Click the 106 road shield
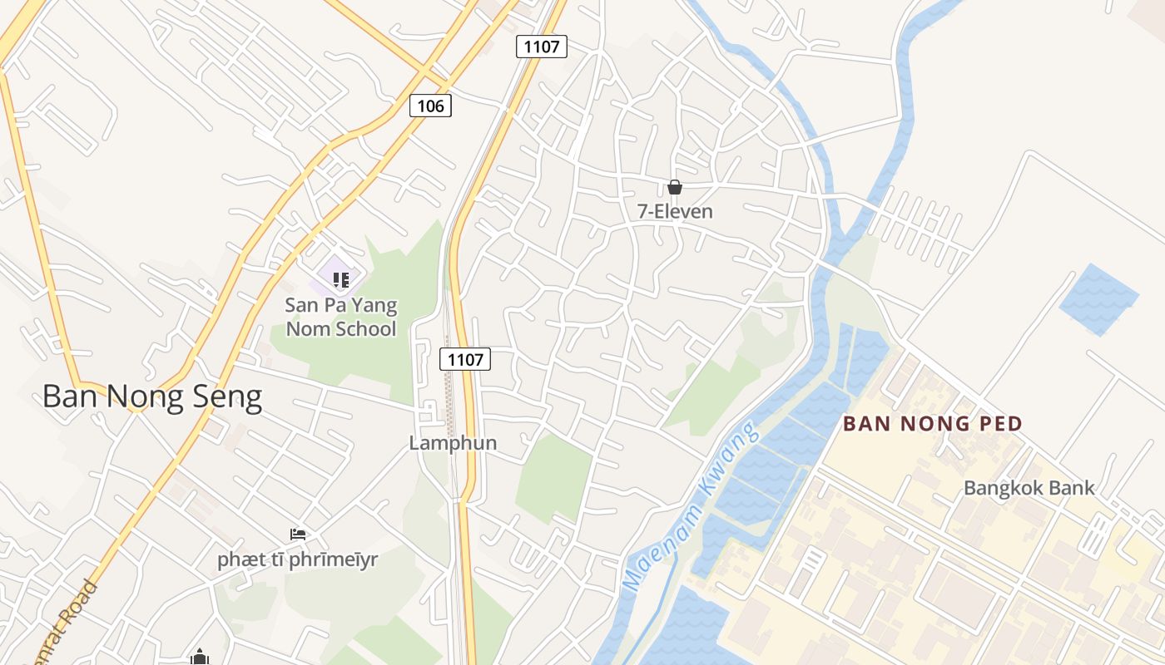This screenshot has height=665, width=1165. click(430, 106)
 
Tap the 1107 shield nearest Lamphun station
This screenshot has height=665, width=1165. click(465, 359)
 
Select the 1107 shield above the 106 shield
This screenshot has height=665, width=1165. click(542, 47)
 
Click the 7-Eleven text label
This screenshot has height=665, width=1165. click(675, 211)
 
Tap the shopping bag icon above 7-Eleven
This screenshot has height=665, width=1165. click(675, 188)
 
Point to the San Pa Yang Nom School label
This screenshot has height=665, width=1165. click(341, 317)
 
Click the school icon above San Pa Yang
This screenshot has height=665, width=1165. click(340, 279)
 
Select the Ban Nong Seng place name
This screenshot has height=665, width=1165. click(152, 397)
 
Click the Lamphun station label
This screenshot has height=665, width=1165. click(453, 443)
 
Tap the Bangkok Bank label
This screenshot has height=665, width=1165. click(1029, 488)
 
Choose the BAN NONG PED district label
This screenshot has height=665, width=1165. click(932, 423)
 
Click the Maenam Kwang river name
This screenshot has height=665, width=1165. click(691, 507)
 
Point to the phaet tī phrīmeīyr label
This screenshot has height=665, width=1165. click(297, 559)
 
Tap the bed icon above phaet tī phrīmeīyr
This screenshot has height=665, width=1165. click(297, 534)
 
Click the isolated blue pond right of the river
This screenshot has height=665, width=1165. click(1098, 299)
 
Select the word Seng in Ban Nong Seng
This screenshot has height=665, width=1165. click(227, 397)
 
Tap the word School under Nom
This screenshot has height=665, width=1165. click(364, 328)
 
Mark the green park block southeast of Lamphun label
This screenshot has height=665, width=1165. click(554, 478)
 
